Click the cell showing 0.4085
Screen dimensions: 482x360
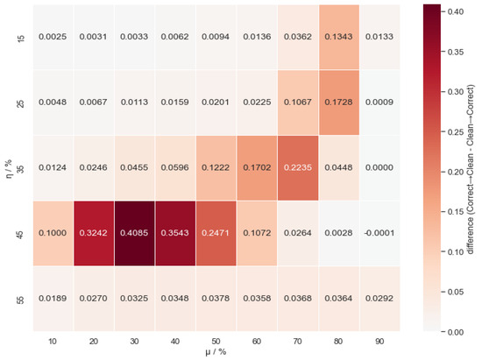pyautogui.click(x=134, y=233)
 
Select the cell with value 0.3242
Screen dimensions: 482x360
pyautogui.click(x=94, y=233)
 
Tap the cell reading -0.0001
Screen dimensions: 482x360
pyautogui.click(x=379, y=233)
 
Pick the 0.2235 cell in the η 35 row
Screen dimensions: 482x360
pyautogui.click(x=298, y=167)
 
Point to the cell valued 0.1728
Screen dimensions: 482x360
pyautogui.click(x=339, y=102)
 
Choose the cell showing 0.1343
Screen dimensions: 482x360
pyautogui.click(x=339, y=37)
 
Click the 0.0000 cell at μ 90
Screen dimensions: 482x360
pyautogui.click(x=379, y=167)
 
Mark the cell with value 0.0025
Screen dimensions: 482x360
pyautogui.click(x=53, y=37)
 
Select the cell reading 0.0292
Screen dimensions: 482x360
pyautogui.click(x=379, y=299)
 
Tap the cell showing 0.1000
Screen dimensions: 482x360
pyautogui.click(x=53, y=233)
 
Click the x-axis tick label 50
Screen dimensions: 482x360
pyautogui.click(x=216, y=342)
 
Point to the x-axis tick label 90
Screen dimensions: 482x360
pyautogui.click(x=379, y=342)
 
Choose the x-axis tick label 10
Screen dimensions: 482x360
pyautogui.click(x=53, y=342)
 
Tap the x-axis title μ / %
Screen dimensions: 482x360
pyautogui.click(x=216, y=352)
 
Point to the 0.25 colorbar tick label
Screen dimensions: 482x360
pyautogui.click(x=455, y=131)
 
